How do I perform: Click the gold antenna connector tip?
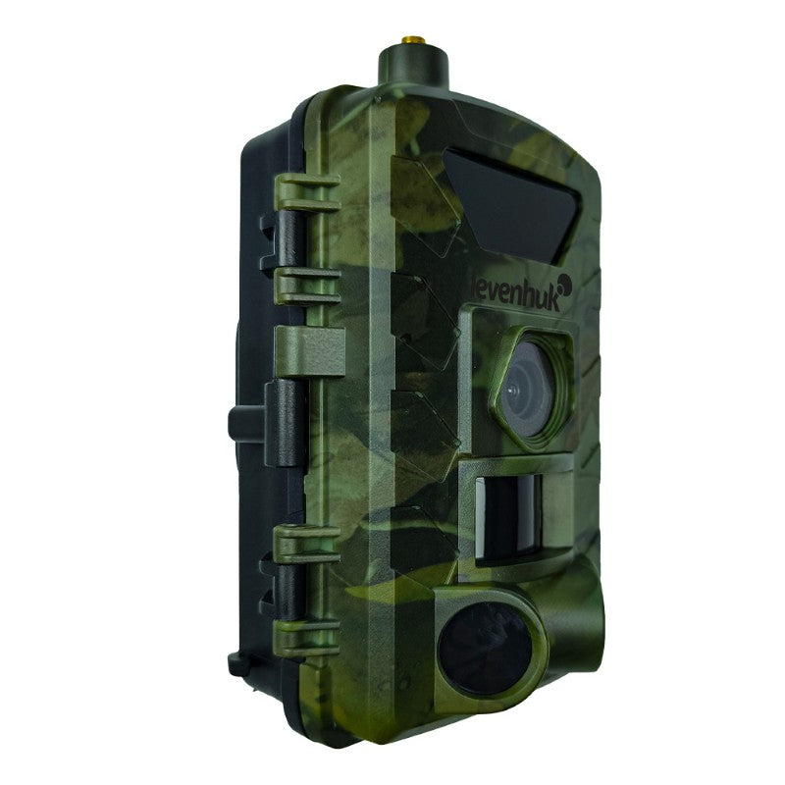point(413,39)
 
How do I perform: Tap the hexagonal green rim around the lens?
point(532,389)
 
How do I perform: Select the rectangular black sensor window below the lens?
point(508,518)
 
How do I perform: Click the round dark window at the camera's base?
point(484,649)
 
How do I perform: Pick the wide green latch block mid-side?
point(310,351)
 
